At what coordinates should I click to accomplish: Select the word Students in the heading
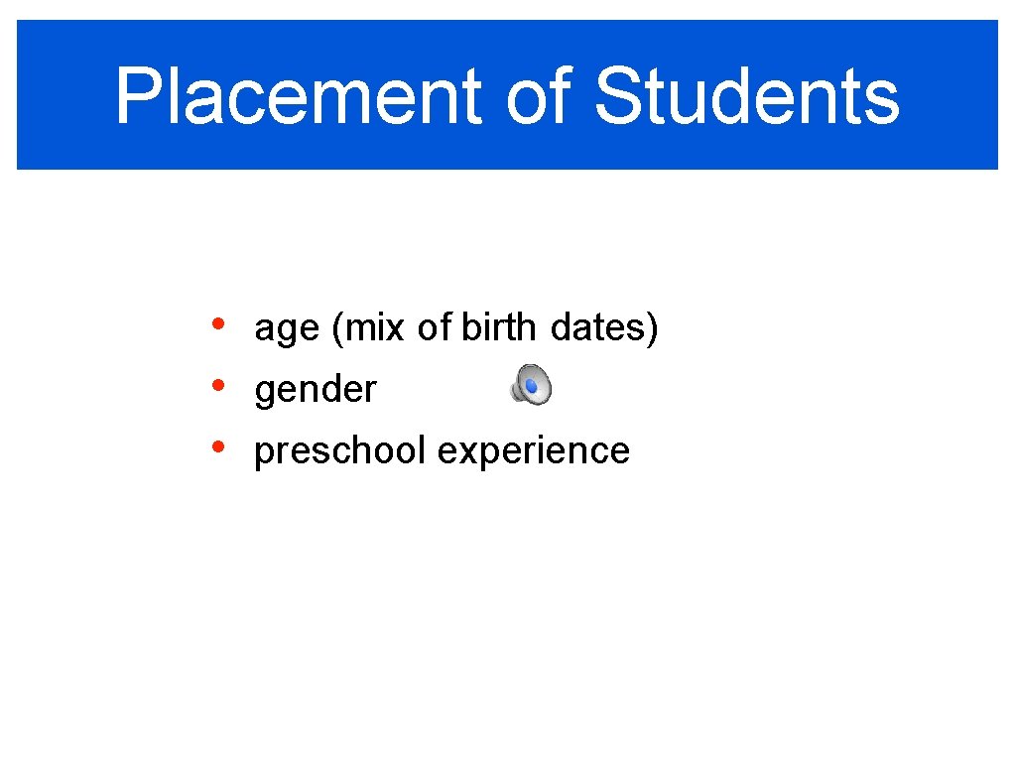[746, 97]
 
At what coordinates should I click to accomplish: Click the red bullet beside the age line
[217, 324]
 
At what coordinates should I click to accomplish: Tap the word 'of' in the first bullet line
[435, 327]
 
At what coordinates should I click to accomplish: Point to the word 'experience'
[533, 451]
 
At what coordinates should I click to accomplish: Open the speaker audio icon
[531, 385]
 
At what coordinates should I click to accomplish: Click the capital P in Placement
[136, 97]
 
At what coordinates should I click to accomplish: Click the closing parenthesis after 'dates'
[653, 328]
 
